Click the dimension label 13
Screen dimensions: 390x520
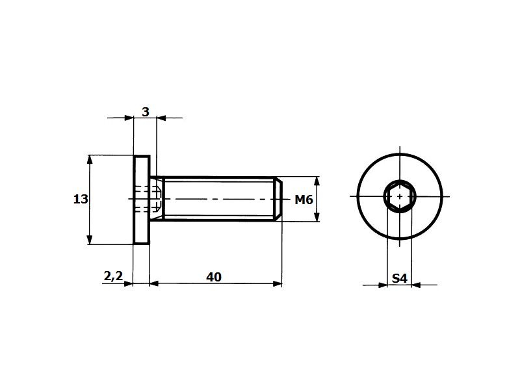[81, 200]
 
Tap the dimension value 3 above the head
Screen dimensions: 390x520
[146, 112]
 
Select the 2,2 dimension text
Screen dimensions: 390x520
[113, 276]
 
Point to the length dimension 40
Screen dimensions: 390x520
[214, 277]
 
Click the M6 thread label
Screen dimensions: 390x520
[304, 200]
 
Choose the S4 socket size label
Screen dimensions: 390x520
[399, 279]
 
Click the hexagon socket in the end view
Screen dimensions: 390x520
[398, 196]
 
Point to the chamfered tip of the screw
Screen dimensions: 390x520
[278, 198]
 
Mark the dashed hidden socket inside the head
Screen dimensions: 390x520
[148, 199]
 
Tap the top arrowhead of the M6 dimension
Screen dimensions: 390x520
[317, 181]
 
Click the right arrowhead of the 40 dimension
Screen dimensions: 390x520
[278, 283]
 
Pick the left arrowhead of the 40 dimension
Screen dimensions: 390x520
[154, 283]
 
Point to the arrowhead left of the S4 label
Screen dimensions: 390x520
[382, 284]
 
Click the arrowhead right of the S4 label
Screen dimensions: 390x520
[416, 284]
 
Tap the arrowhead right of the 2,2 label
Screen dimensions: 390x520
[129, 283]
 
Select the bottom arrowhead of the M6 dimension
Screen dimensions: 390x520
[317, 217]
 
